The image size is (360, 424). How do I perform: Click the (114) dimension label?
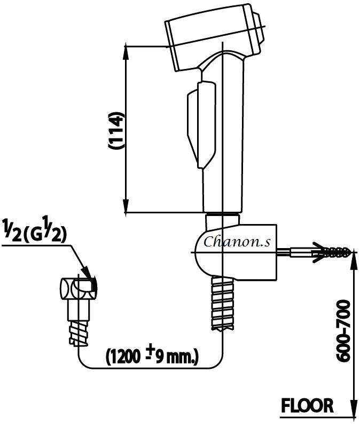point(116,130)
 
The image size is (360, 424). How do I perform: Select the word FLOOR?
point(308,405)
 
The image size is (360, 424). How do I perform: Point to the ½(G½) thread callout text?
point(35,233)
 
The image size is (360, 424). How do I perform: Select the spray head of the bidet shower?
point(216,35)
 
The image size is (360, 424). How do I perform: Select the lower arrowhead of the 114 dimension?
point(127,206)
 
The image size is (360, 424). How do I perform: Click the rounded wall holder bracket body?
point(235,251)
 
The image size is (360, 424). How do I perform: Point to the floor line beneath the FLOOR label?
point(315,415)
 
